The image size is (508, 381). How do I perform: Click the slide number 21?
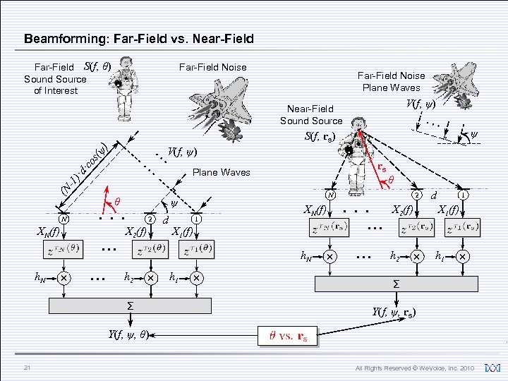point(26,368)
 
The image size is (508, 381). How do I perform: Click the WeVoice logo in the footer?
point(492,368)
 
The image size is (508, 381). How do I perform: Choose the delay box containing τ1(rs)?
point(462,229)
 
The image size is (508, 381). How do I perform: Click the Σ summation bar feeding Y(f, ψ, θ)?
point(130,306)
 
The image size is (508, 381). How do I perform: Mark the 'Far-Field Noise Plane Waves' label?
point(391,81)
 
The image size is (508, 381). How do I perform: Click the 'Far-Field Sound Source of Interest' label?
point(55,79)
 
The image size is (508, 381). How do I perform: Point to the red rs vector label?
point(381,169)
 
